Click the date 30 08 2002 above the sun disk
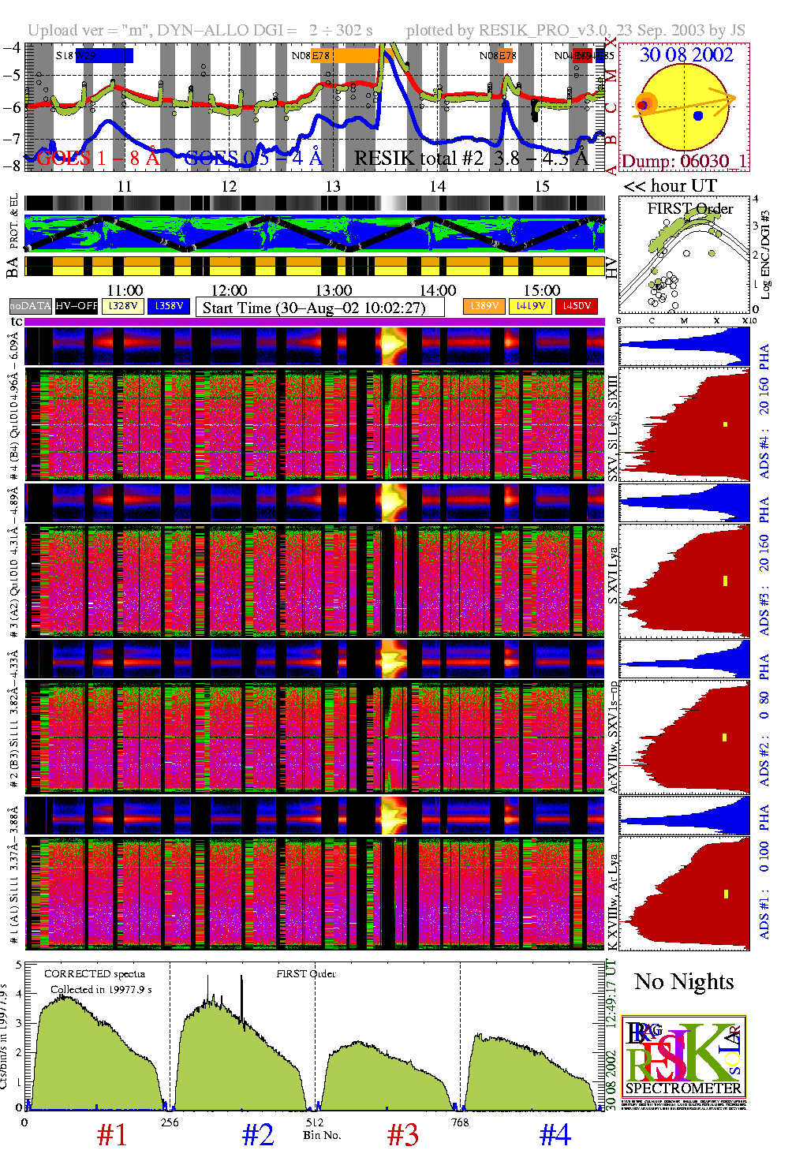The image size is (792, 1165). tap(686, 55)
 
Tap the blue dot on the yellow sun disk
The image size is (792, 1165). tap(698, 116)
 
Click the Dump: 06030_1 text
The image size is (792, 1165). tap(683, 161)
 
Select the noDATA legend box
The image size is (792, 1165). tap(30, 306)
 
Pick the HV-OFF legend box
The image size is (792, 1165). tap(77, 306)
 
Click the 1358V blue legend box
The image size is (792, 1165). tap(169, 306)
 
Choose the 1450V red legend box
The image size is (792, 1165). tap(577, 306)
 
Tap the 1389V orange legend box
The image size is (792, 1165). tap(484, 306)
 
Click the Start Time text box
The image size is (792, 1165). tap(319, 308)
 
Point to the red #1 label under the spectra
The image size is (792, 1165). tap(111, 1135)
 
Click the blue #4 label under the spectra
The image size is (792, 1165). tap(555, 1135)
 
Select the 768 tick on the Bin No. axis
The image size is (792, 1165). tap(459, 1122)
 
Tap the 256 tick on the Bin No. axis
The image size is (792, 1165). tap(170, 1122)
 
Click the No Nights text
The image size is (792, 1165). tap(684, 982)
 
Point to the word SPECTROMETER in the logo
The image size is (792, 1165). tap(683, 1088)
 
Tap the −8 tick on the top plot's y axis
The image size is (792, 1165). tap(12, 166)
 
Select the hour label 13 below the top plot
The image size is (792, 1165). tap(333, 187)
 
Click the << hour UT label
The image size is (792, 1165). tap(670, 186)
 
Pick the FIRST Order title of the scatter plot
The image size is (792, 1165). tap(689, 209)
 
